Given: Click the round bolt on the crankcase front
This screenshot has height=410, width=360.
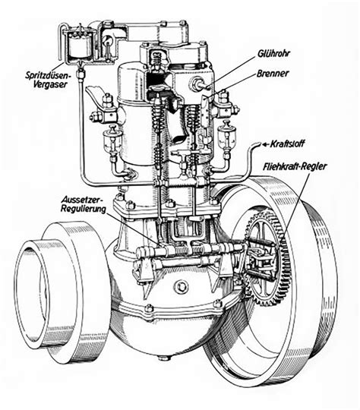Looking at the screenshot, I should [181, 287].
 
